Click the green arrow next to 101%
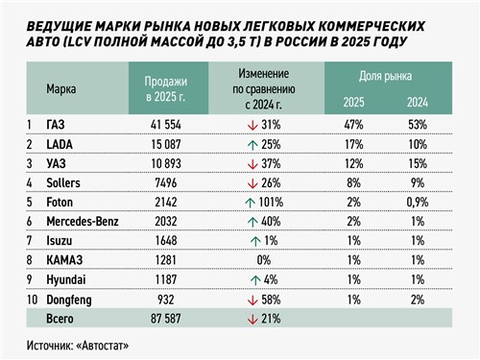(250, 203)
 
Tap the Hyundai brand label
(66, 280)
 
